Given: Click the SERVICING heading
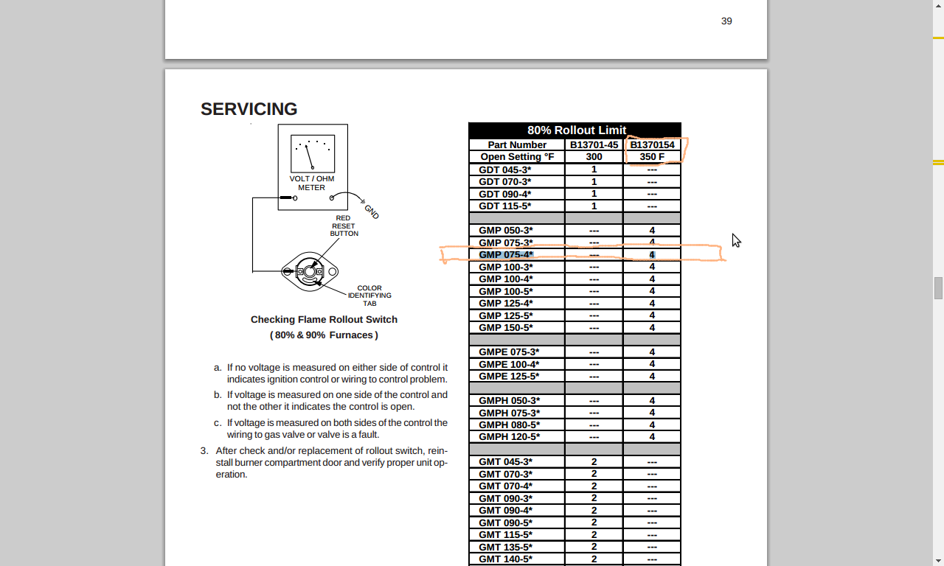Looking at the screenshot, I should [249, 109].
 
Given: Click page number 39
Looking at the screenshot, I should [726, 21].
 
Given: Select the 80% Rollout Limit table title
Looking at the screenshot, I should [576, 130].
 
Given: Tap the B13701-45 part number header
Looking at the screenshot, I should [594, 145].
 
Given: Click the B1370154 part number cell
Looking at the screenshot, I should [652, 145].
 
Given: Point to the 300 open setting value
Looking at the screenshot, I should [594, 157].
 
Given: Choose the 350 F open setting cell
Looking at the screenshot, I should [652, 157].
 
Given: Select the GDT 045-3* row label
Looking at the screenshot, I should [505, 170].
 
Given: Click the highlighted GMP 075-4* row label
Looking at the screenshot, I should [506, 255].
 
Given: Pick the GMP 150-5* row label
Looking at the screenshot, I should [506, 328].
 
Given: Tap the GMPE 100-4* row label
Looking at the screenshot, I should [509, 364].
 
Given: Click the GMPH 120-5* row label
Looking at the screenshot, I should [509, 437].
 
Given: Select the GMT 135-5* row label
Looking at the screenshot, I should [505, 547].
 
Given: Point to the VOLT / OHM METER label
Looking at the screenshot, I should [312, 184].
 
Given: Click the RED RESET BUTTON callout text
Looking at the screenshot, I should [344, 226].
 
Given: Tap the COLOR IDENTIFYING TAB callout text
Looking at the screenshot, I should [369, 296].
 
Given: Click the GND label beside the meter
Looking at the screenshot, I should [371, 212].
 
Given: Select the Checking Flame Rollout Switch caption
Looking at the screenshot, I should [324, 320].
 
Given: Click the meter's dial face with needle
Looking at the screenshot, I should [313, 153].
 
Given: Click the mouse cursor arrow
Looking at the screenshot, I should [736, 240].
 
